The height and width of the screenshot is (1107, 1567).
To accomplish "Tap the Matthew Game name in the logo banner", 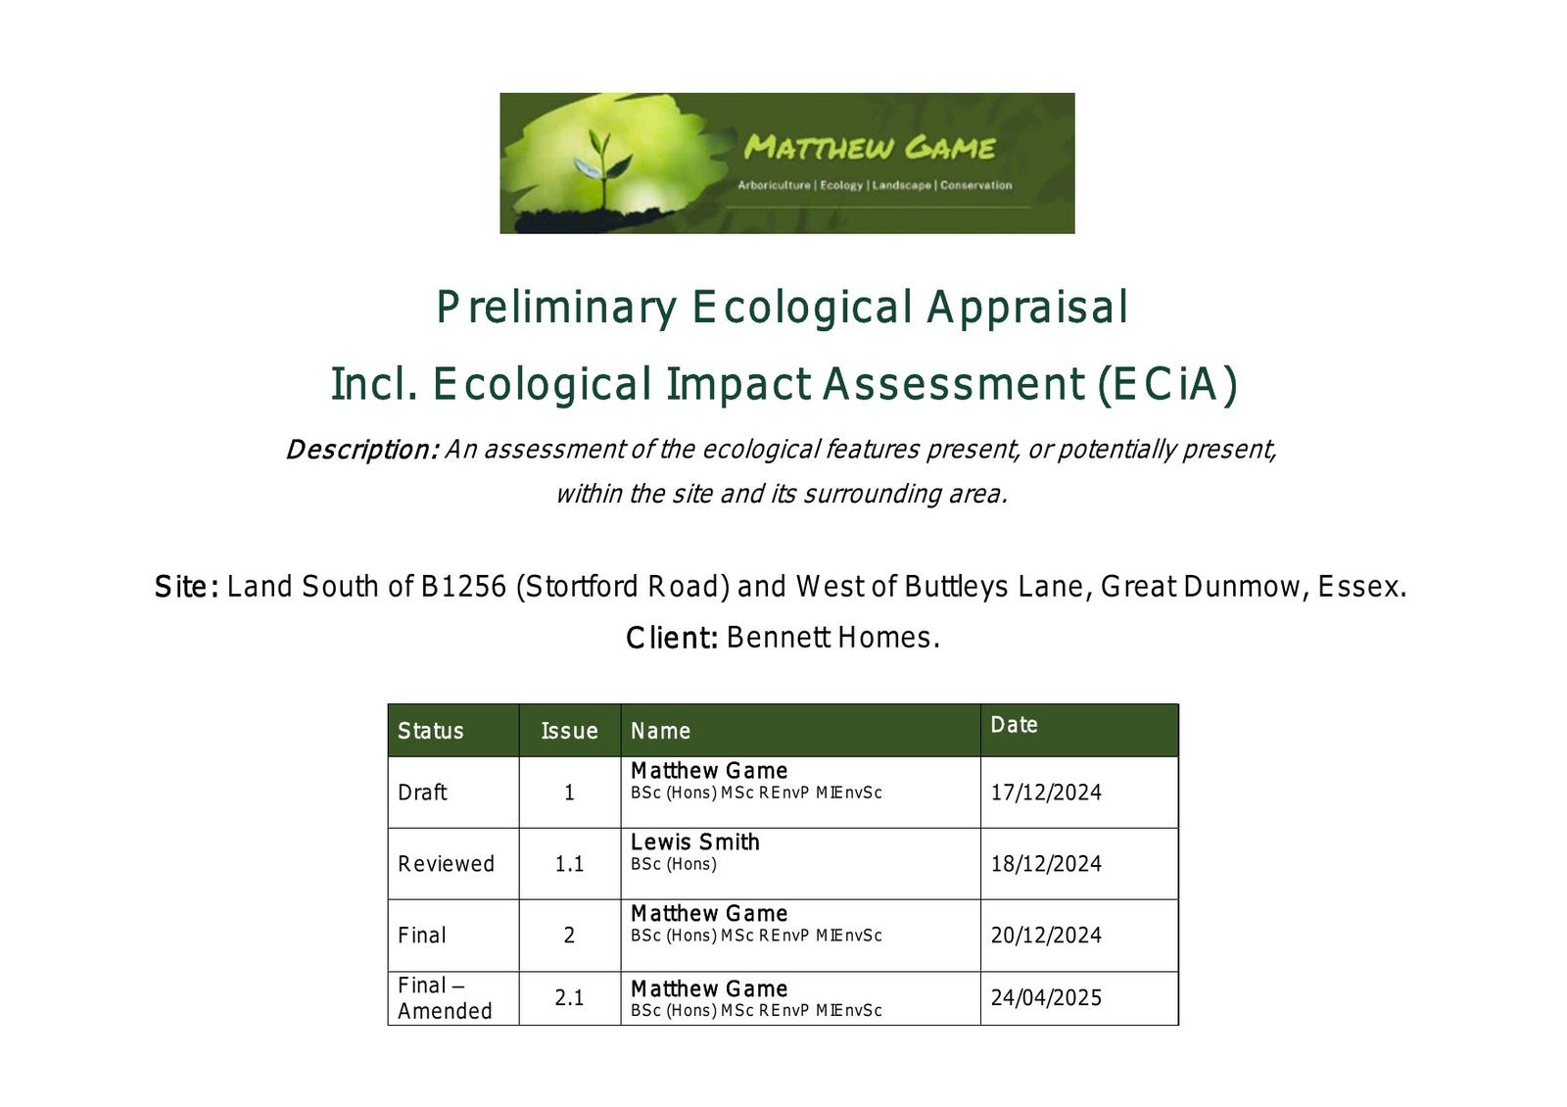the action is point(870,148).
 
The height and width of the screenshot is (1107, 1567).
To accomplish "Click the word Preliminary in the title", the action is point(556,307).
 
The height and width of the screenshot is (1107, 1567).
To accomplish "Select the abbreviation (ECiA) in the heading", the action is point(1167,384).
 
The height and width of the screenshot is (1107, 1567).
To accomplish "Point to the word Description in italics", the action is point(362,450).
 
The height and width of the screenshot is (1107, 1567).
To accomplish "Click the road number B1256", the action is point(463,587).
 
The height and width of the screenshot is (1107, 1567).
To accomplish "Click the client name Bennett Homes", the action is point(832,638).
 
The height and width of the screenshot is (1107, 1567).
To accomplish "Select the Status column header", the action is point(430,731).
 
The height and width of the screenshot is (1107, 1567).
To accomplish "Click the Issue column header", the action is point(569,731).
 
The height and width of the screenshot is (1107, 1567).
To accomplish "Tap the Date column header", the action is point(1014,724).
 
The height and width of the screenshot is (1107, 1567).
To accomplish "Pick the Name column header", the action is point(660,731).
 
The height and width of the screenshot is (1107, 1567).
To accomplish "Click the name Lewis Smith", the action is point(694,842).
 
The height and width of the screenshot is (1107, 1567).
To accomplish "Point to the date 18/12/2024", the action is point(1046,863).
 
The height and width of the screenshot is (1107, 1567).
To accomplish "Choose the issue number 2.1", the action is point(569,997).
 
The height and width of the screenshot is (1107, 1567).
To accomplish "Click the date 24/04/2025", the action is point(1046,997).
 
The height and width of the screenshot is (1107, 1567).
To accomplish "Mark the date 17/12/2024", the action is point(1046,793).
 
